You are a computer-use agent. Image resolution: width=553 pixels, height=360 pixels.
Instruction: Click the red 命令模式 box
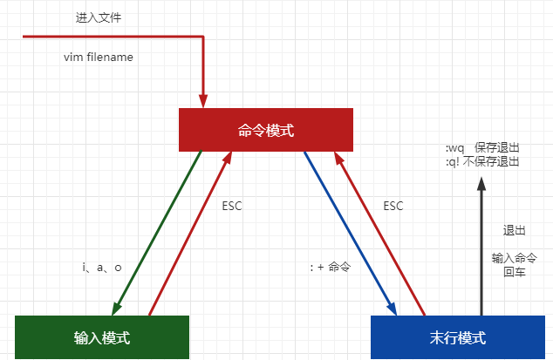266,130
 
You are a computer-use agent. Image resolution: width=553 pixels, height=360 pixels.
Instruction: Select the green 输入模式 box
102,337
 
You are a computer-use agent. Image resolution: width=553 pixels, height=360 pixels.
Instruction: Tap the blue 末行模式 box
458,337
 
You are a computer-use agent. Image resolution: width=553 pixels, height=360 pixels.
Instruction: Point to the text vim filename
98,57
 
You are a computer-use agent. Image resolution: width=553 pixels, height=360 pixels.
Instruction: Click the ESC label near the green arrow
233,207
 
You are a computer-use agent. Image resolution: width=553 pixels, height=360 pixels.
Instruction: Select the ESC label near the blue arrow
393,207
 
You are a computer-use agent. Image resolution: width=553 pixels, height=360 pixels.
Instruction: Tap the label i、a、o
101,268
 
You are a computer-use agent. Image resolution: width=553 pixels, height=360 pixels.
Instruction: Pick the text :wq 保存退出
482,150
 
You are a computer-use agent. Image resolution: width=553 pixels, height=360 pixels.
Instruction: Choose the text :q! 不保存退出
482,162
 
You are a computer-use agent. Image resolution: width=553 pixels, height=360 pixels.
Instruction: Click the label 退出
514,231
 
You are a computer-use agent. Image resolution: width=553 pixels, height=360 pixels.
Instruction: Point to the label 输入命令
514,258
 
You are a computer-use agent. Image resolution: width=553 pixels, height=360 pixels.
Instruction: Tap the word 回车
514,272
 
